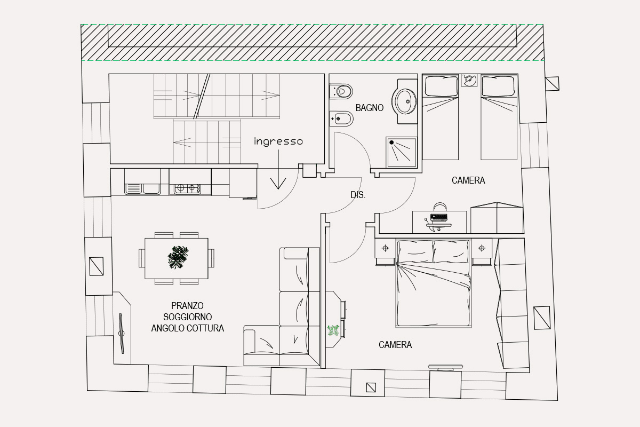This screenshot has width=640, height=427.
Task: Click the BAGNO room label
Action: tap(370, 108)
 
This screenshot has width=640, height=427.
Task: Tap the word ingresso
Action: tap(278, 141)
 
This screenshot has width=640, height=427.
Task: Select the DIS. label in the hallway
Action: tap(358, 195)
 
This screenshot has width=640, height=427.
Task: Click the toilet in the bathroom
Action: tap(341, 91)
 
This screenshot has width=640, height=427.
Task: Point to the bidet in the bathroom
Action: tap(341, 118)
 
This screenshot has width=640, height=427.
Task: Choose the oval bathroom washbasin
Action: tap(405, 101)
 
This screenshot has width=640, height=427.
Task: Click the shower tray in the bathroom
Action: tap(402, 152)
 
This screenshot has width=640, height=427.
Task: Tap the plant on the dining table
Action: tap(178, 257)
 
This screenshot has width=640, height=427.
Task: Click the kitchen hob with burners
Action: tap(187, 188)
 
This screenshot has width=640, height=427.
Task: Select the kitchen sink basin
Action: tap(142, 189)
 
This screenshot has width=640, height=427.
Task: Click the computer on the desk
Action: tap(438, 218)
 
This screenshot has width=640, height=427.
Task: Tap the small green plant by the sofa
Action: tap(333, 330)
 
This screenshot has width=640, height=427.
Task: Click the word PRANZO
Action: tap(187, 306)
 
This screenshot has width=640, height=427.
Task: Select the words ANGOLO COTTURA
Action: tap(187, 328)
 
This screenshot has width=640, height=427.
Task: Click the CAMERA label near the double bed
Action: tap(395, 345)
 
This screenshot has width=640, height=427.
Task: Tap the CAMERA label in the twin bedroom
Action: tap(468, 180)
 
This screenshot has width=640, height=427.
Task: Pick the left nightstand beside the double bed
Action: tap(385, 252)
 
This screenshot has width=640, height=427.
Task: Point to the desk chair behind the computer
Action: tap(440, 207)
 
